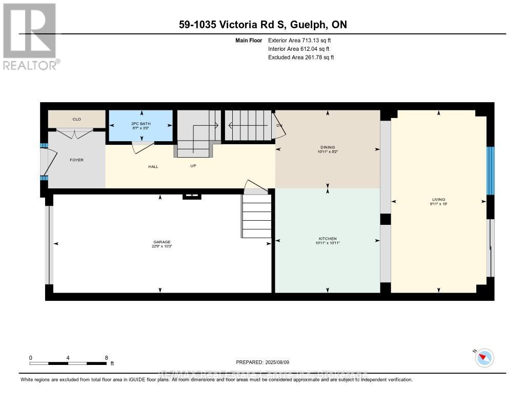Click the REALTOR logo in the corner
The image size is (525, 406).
pos(30,36)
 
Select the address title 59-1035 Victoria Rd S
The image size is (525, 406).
pos(262,25)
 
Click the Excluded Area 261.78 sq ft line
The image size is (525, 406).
pos(301,57)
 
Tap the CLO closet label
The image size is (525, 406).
pos(76,119)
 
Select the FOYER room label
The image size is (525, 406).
pos(76,160)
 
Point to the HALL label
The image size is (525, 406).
pos(153,166)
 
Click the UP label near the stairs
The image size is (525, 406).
pos(193,166)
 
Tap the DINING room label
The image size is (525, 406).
pos(328,147)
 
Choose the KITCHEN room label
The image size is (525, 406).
pos(328,239)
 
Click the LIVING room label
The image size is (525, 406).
pos(438,200)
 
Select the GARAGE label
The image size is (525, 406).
pos(161,242)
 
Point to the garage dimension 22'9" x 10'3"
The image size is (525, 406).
pos(161,246)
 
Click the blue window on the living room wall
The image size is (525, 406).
pos(490,171)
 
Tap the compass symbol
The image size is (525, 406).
pos(484,358)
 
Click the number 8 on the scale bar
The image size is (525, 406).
pos(106,358)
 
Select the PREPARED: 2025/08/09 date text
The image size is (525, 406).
pos(262,362)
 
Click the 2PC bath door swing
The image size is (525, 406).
pos(142,148)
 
